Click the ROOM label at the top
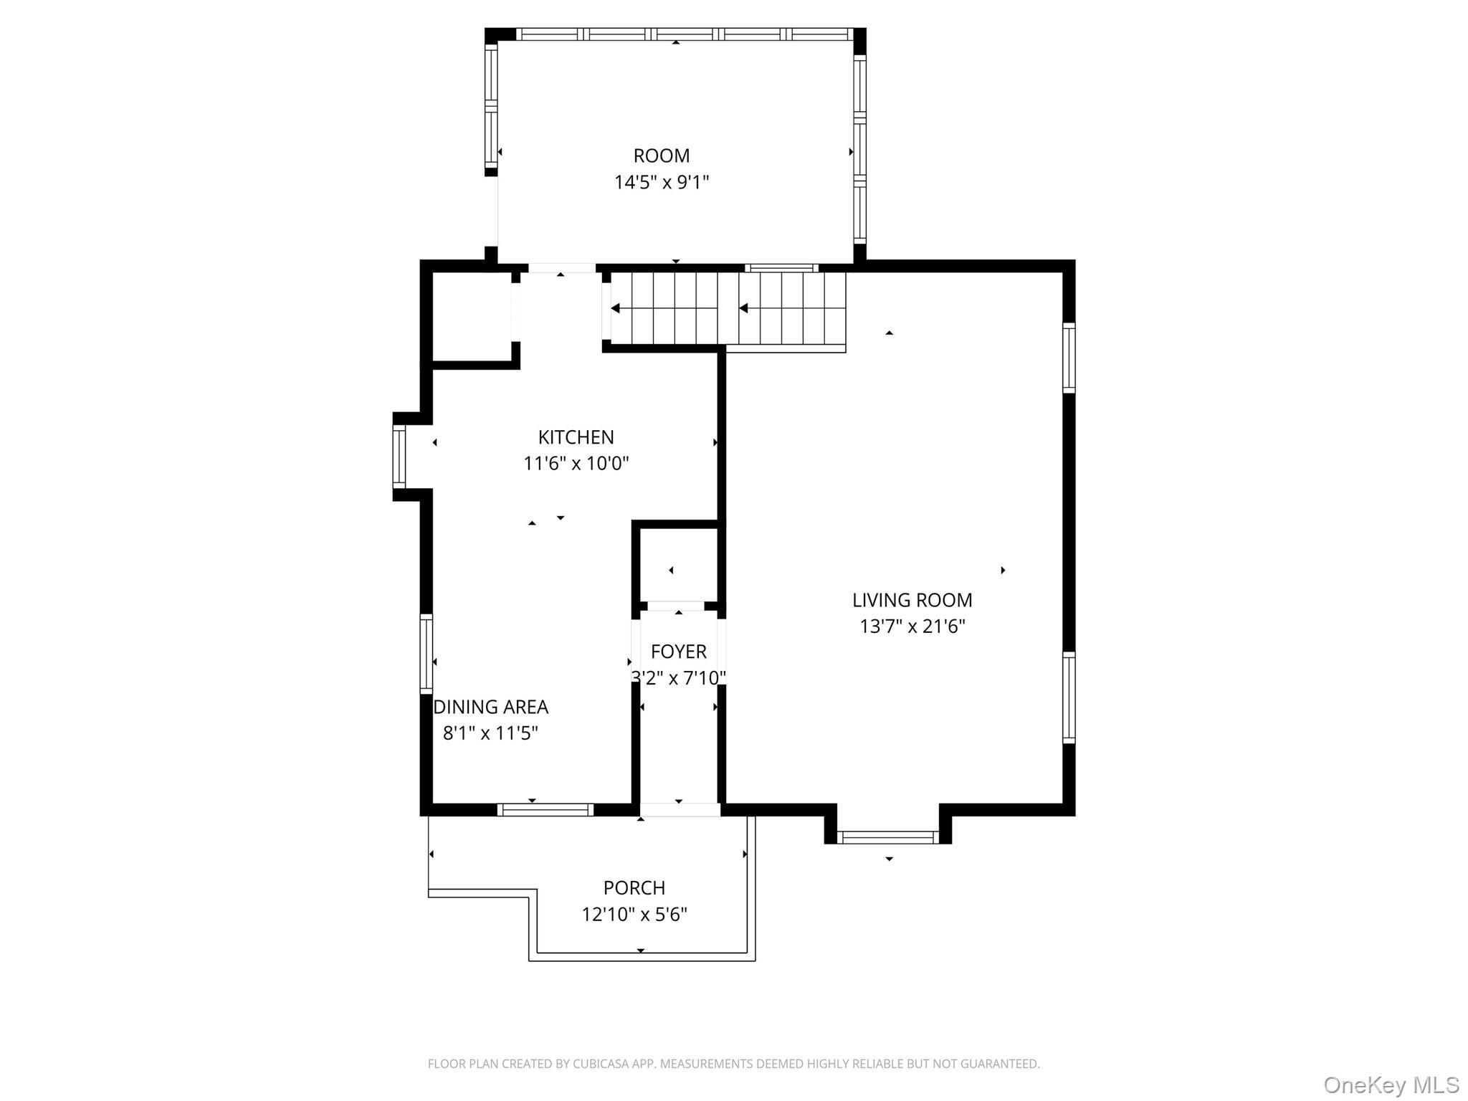pyautogui.click(x=661, y=156)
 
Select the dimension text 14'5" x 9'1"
pyautogui.click(x=661, y=182)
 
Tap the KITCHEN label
pyautogui.click(x=576, y=437)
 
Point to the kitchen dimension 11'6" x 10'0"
pyautogui.click(x=576, y=464)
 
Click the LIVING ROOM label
pyautogui.click(x=912, y=600)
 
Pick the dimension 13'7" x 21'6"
pyautogui.click(x=912, y=626)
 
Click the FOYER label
pyautogui.click(x=678, y=652)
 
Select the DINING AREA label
pyautogui.click(x=491, y=707)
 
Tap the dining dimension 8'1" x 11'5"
pyautogui.click(x=491, y=733)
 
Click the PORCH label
pyautogui.click(x=634, y=888)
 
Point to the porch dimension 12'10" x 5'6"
pyautogui.click(x=634, y=915)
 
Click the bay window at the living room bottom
pyautogui.click(x=887, y=837)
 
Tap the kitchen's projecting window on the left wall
pyautogui.click(x=399, y=457)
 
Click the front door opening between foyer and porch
pyautogui.click(x=680, y=810)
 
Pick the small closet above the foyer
pyautogui.click(x=677, y=566)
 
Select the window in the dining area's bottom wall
pyautogui.click(x=545, y=810)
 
